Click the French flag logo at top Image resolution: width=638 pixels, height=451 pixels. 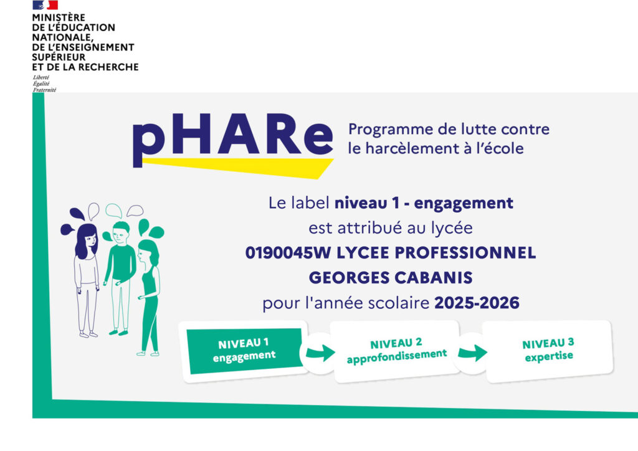pos(45,5)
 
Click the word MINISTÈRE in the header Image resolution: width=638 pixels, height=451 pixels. pos(59,17)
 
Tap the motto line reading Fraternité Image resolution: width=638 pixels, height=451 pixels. pos(44,90)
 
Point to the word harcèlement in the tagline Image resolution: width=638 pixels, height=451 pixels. pos(411,148)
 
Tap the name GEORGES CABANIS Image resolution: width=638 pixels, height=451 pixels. pos(391,278)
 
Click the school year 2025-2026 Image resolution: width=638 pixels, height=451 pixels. pos(477,303)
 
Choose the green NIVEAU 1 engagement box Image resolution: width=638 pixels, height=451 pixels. pos(245,351)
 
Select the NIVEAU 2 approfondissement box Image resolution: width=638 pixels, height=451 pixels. pos(396,351)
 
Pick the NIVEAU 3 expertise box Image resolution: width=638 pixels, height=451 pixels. pos(548,351)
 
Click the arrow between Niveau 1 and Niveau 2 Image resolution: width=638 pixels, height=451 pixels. pos(320,353)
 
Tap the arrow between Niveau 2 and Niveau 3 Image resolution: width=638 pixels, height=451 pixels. pos(472,353)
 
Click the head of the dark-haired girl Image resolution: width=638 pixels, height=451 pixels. pos(87,240)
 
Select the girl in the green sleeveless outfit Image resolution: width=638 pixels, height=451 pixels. pos(148,298)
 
